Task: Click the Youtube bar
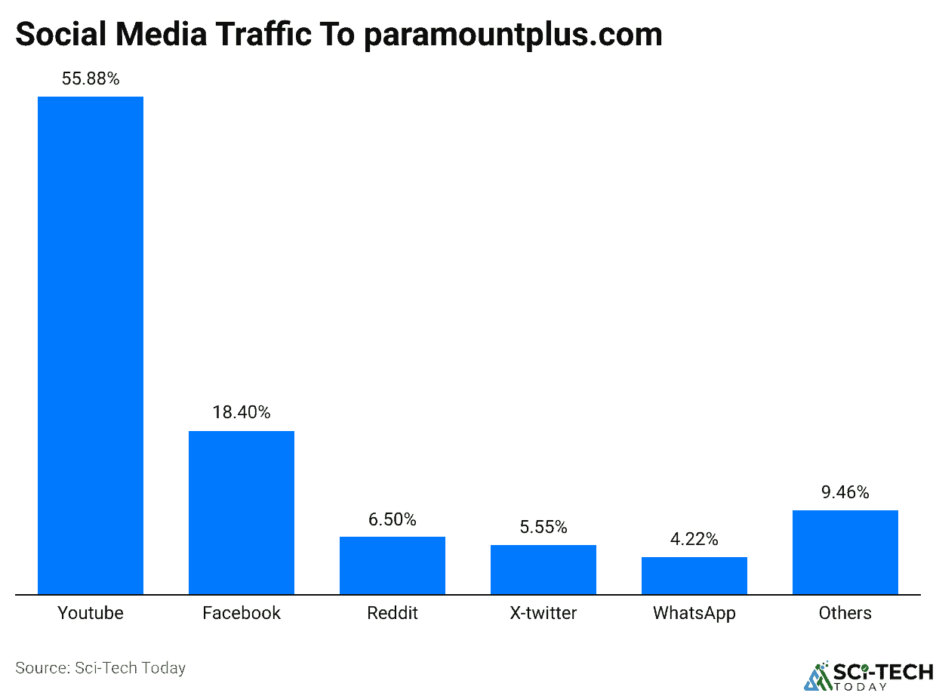[91, 345]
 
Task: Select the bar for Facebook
[242, 513]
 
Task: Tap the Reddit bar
[393, 565]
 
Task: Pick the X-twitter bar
[543, 569]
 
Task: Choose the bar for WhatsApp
[694, 575]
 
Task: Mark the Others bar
[845, 552]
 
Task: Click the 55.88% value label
[91, 79]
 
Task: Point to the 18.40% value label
[242, 413]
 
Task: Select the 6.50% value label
[393, 519]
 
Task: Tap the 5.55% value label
[543, 527]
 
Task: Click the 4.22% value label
[694, 539]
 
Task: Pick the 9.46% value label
[845, 493]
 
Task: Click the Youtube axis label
[91, 612]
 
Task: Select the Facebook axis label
[242, 612]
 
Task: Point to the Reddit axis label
[393, 612]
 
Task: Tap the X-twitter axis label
[543, 612]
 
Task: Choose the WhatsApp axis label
[694, 612]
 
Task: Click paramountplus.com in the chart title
[513, 35]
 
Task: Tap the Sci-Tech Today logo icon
[817, 676]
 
